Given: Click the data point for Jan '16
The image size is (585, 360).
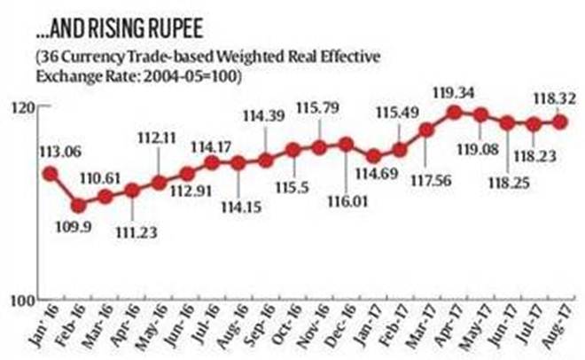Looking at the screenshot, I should click(x=51, y=174).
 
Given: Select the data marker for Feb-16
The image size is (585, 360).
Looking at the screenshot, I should click(x=78, y=205).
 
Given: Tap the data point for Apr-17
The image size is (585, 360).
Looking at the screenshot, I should click(x=454, y=112).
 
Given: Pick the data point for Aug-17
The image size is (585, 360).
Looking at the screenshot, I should click(x=560, y=121).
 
